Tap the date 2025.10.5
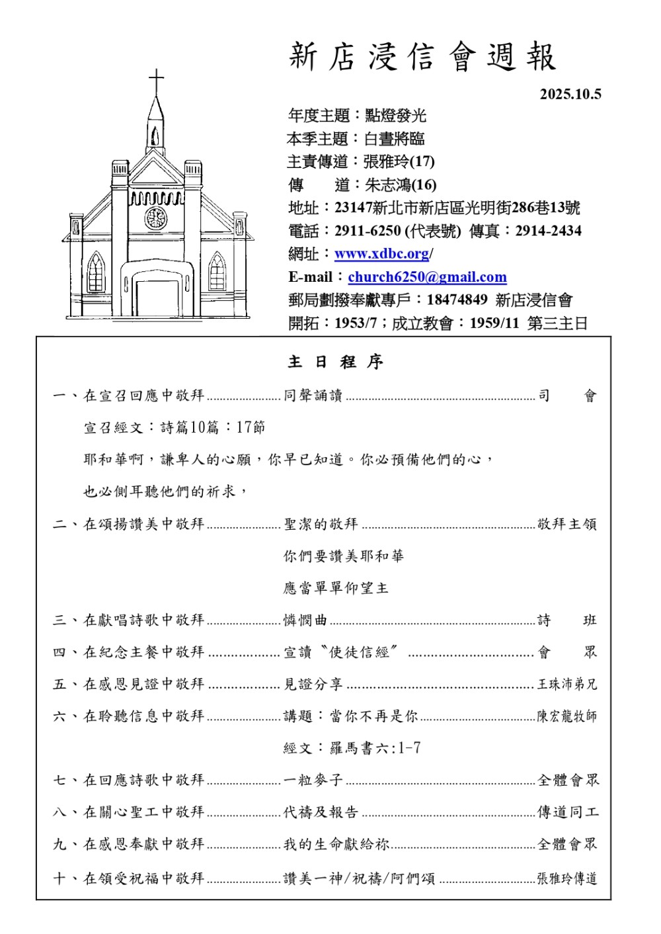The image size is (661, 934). (570, 94)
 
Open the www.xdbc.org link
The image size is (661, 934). (382, 254)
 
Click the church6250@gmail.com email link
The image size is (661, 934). (427, 277)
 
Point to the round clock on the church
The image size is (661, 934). (156, 218)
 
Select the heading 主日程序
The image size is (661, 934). (336, 362)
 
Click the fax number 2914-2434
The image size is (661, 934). (549, 231)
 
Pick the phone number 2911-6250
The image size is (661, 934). (368, 231)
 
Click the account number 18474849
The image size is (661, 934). (457, 300)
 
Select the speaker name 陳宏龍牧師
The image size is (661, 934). (566, 716)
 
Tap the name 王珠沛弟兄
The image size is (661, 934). (566, 684)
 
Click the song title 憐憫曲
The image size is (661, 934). (305, 620)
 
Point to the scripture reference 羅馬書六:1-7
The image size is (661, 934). (375, 748)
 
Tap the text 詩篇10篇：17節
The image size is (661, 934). (212, 427)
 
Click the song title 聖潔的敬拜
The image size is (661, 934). (321, 525)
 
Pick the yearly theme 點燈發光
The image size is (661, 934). (395, 116)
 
